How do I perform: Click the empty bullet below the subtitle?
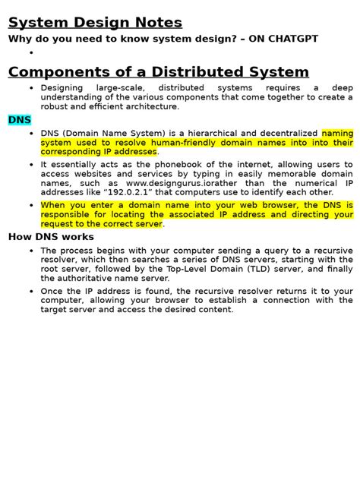pos(32,53)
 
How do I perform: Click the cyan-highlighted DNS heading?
pos(19,120)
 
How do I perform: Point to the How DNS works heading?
pos(51,237)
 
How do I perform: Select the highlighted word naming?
pos(337,133)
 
